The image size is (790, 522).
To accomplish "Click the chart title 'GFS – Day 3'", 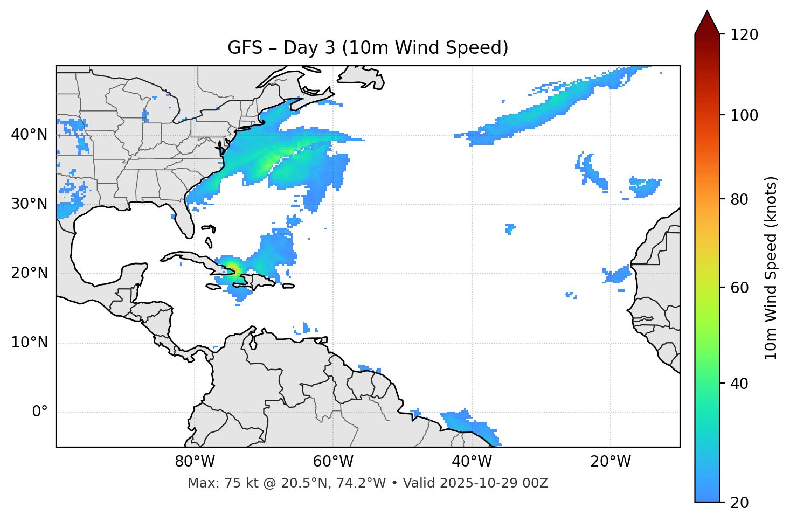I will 368,48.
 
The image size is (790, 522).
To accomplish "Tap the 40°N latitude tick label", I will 29,135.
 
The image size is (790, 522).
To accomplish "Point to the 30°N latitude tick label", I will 29,204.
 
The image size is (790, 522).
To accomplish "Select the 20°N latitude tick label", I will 29,273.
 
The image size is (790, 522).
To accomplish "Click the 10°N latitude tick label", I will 29,343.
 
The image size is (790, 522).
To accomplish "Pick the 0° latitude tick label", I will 40,412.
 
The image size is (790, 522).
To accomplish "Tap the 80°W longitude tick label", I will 195,462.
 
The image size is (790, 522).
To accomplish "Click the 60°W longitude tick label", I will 333,462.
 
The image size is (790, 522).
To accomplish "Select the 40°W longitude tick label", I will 472,462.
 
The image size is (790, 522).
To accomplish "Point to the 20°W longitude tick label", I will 611,462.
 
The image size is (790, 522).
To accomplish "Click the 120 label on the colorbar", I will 744,34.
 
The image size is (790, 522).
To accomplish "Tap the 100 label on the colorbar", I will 744,115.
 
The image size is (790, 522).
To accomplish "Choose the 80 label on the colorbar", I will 741,199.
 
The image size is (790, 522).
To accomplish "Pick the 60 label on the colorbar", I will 741,288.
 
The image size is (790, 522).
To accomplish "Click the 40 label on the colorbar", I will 741,384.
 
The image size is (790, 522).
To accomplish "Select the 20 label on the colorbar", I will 741,503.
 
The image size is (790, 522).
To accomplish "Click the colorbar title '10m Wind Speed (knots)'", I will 771,268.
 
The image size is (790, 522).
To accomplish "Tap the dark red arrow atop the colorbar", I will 707,23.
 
